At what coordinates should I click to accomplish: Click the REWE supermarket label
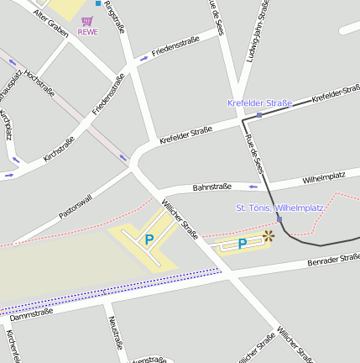pos(87,32)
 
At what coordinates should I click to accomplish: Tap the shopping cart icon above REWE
pos(87,21)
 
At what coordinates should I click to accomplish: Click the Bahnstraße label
pos(211,187)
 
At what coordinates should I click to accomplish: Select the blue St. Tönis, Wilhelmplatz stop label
pos(279,207)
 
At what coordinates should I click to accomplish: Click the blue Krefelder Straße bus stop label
pos(259,103)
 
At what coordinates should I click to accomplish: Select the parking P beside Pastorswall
pos(149,240)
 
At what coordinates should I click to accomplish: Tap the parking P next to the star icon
pos(242,244)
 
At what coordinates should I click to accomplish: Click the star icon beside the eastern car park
pos(269,236)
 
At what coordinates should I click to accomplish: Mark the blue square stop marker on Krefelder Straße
pos(260,114)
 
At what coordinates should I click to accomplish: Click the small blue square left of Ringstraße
pos(97,3)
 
